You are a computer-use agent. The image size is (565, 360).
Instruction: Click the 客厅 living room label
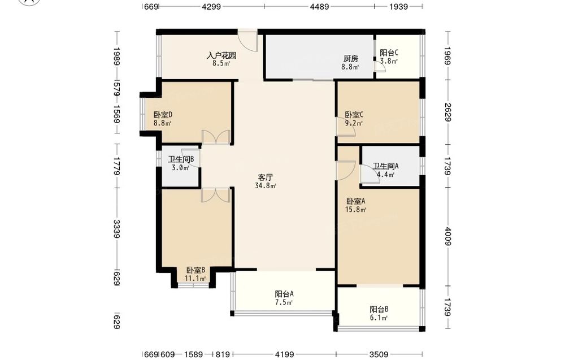(x=265, y=177)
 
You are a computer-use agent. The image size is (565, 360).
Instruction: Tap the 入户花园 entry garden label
(x=221, y=55)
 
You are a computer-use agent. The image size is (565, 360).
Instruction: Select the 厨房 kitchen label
(x=351, y=58)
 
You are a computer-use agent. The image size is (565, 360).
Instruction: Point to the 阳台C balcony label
(x=389, y=53)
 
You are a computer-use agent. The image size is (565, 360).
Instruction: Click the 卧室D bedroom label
(x=163, y=115)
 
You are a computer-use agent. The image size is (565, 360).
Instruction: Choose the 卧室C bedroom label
(x=354, y=115)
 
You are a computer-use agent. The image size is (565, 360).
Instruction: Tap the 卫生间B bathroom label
(x=181, y=159)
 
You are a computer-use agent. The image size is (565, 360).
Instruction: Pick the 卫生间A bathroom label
(x=385, y=166)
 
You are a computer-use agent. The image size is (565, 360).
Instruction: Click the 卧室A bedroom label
(x=355, y=201)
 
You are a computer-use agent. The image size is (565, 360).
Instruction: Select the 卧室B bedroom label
(x=195, y=270)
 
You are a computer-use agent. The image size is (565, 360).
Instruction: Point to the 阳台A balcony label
(x=284, y=294)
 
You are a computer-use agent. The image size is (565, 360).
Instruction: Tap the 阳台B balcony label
(x=379, y=309)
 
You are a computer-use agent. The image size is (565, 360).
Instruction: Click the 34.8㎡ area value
(x=266, y=186)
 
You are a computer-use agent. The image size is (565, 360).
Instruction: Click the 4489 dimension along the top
(x=320, y=6)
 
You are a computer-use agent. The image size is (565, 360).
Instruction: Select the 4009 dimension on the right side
(x=447, y=236)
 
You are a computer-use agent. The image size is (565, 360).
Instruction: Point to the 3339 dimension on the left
(x=116, y=229)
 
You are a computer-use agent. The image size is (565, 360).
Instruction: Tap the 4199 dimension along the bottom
(x=285, y=354)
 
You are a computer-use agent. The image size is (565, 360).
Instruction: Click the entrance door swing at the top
(x=247, y=41)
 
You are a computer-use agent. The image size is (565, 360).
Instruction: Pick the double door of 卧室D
(x=216, y=137)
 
